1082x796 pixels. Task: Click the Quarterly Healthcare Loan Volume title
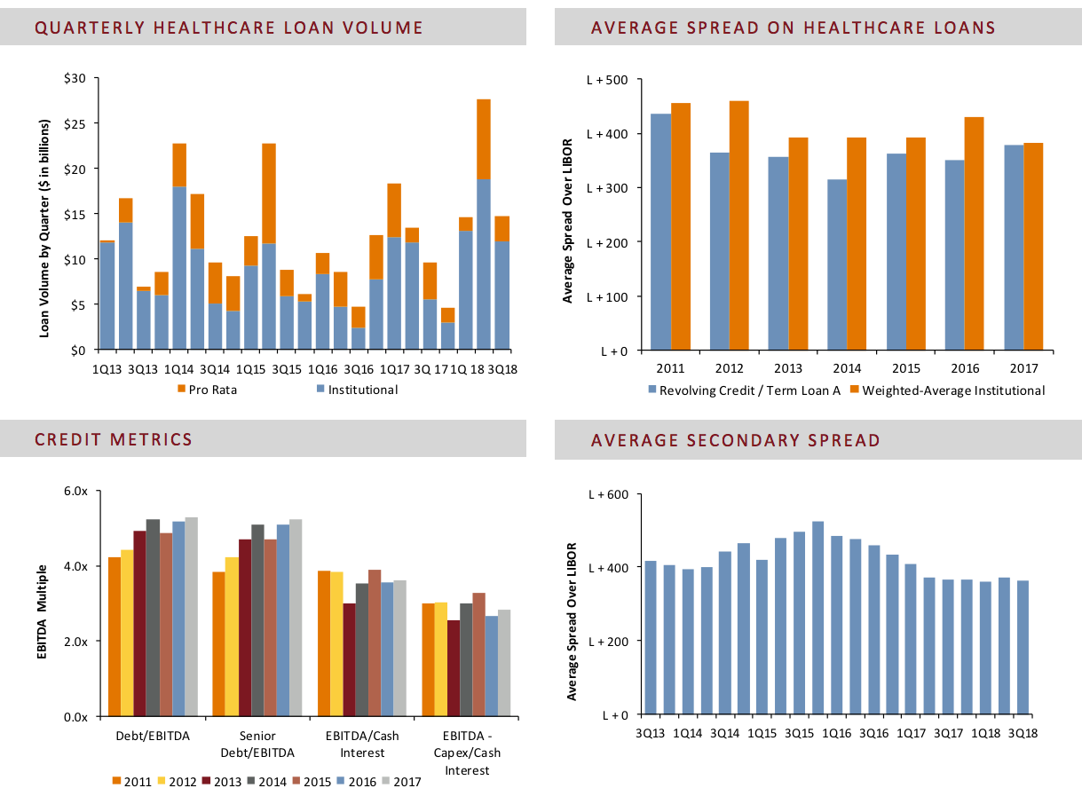tap(229, 28)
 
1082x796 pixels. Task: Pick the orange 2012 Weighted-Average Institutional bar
tap(738, 226)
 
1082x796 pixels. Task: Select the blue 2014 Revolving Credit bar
tap(836, 265)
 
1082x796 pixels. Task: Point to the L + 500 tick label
tap(607, 81)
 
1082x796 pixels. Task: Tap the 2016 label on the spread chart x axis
tap(964, 367)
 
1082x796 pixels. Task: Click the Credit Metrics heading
tap(114, 439)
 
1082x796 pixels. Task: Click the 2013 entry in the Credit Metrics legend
tap(221, 782)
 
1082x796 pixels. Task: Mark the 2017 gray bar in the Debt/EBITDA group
tap(191, 617)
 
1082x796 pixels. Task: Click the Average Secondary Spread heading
tap(735, 440)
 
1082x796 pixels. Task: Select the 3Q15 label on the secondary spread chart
tap(800, 733)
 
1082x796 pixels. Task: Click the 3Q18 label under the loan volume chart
tap(504, 367)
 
